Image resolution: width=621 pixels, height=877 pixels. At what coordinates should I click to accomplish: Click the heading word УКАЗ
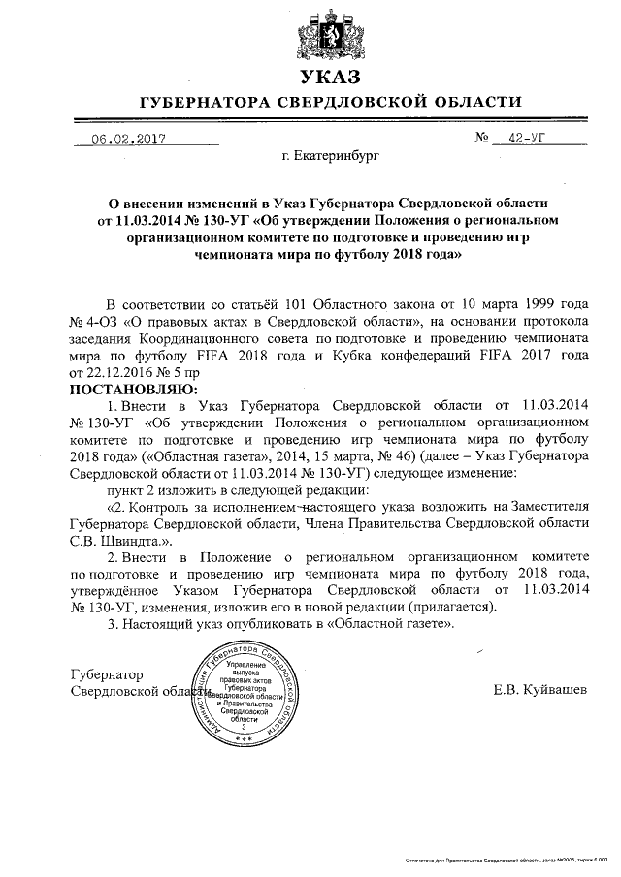[330, 77]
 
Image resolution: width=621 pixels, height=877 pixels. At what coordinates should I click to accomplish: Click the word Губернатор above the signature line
[107, 673]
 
